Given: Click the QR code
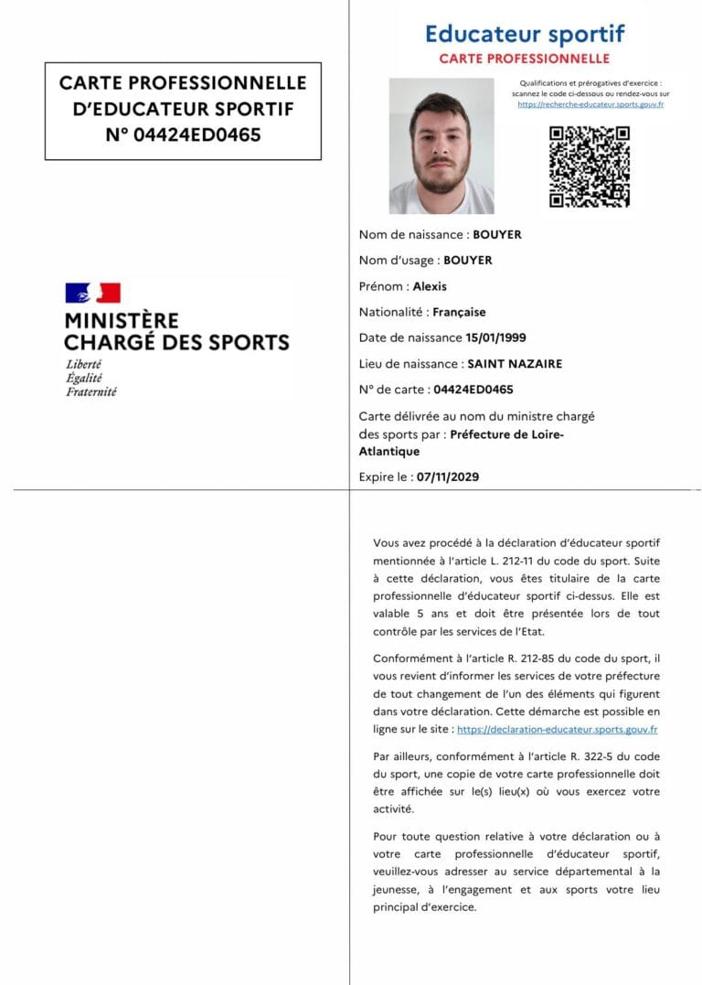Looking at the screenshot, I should coord(590,166).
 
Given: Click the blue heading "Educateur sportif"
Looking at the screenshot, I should coord(525,35).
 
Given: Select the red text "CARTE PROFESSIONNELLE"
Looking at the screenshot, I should coord(525,59).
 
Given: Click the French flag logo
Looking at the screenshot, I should coord(92,293).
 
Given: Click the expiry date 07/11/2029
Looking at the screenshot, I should coord(448,476).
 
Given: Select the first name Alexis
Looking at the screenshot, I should coord(430,286).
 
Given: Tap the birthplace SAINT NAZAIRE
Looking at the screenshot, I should coord(515,363).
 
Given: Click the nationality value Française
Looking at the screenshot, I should coord(460,312).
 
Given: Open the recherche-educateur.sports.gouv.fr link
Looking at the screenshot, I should coord(590,104).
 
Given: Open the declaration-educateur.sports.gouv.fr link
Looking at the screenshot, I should coord(557,730).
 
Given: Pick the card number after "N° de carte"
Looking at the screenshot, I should coord(473,389).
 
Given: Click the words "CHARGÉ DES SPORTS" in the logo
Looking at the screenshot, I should coord(176,343).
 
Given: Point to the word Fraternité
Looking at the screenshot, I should coord(91,391).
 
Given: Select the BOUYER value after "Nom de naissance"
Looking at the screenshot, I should coord(497,235).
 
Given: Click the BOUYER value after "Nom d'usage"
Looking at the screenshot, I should coord(468,261).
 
